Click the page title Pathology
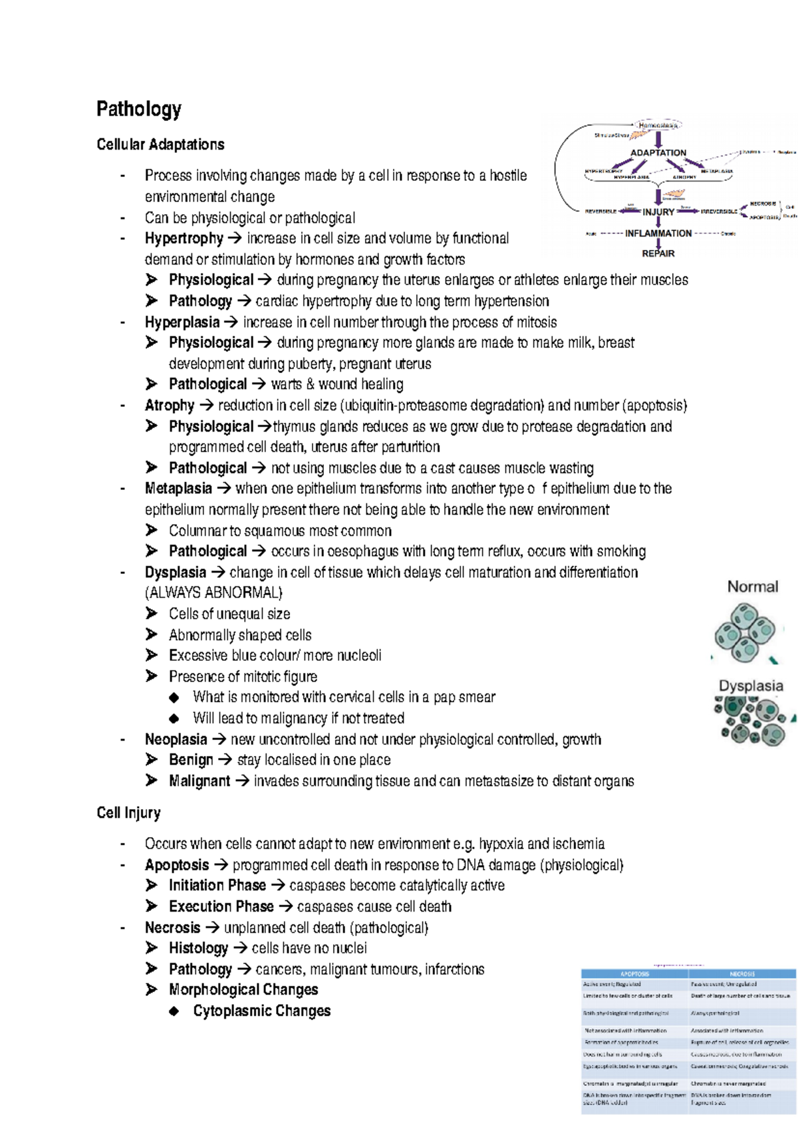(139, 109)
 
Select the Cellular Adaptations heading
(160, 144)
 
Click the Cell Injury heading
(128, 813)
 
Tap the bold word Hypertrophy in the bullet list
(184, 238)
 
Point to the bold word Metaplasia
(178, 489)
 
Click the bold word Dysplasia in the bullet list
(176, 572)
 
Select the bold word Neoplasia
(176, 739)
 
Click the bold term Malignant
(199, 781)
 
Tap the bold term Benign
(191, 760)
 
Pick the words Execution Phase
(221, 907)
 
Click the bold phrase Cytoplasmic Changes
(261, 1011)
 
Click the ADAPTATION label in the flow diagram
(658, 153)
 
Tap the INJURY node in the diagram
(658, 212)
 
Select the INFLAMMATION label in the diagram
(658, 233)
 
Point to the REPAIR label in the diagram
(658, 253)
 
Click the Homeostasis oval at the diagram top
(658, 125)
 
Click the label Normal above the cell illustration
(752, 586)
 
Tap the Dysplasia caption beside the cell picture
(751, 686)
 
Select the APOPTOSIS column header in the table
(634, 973)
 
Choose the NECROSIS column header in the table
(742, 973)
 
